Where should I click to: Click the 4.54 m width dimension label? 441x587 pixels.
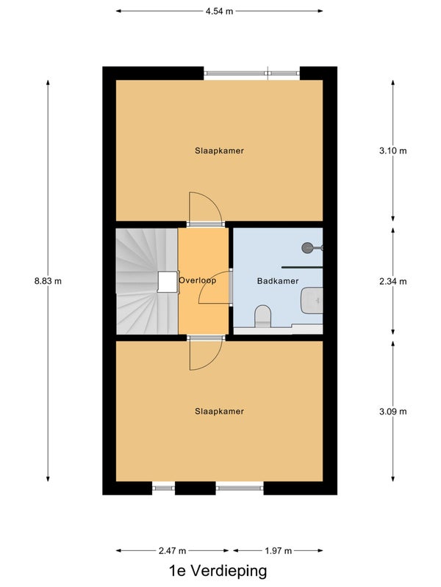tap(219, 11)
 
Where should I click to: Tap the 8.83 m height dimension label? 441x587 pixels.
tap(48, 281)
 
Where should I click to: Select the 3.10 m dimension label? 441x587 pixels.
tap(393, 151)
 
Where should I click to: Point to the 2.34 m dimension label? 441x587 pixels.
tap(393, 281)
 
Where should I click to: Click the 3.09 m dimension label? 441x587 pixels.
tap(393, 412)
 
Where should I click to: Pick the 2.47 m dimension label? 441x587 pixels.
tap(172, 551)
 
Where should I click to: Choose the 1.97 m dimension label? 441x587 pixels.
tap(278, 551)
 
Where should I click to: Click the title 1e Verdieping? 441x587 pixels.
tap(218, 572)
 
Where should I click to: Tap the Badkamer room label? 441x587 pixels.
tap(278, 281)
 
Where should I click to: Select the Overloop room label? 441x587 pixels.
tap(198, 280)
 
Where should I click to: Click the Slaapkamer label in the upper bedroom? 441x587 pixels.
tap(219, 150)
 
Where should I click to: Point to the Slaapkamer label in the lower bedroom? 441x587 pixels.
tap(219, 411)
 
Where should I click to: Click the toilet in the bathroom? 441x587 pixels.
tap(263, 316)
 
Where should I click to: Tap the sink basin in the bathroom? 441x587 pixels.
tap(312, 300)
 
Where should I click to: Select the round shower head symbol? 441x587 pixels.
tap(308, 247)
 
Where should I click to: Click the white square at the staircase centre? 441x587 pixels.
tap(168, 281)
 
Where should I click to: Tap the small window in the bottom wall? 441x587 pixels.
tap(163, 488)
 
